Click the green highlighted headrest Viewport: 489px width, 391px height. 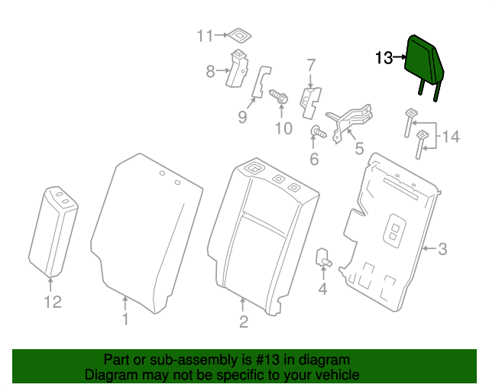[x=425, y=59]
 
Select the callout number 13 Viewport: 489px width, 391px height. [x=384, y=57]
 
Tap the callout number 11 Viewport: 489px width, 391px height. [x=205, y=35]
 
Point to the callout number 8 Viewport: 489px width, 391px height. [x=211, y=72]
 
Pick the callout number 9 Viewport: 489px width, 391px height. [x=242, y=117]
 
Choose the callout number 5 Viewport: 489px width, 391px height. [x=358, y=147]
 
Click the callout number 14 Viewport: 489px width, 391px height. [x=451, y=137]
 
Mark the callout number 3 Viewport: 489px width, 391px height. [x=442, y=248]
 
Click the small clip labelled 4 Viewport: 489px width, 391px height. [x=323, y=257]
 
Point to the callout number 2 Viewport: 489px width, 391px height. [x=243, y=322]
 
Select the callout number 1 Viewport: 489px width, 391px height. [x=126, y=319]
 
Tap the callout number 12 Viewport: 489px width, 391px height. [x=51, y=302]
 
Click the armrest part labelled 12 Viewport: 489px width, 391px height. [x=53, y=229]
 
